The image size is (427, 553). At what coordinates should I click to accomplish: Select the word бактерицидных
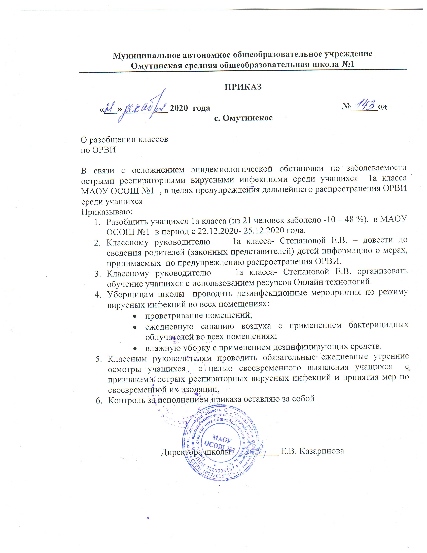[x=378, y=325]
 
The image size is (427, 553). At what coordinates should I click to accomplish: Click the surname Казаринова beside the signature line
[x=322, y=451]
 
